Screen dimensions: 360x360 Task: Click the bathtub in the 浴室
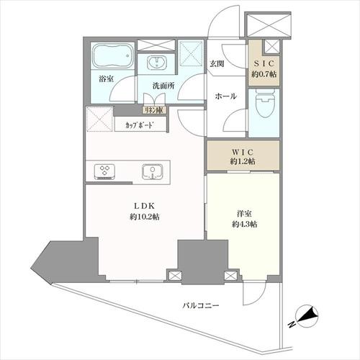click(x=112, y=55)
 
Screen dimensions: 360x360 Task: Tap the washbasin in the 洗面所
click(x=156, y=63)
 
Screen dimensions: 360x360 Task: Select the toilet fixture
click(x=264, y=104)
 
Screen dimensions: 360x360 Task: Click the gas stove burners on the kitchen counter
click(x=105, y=172)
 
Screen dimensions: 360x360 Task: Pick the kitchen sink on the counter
click(x=152, y=171)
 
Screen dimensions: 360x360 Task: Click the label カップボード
click(x=139, y=125)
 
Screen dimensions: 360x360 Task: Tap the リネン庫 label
click(x=154, y=110)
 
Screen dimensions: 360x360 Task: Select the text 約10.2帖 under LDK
click(x=144, y=217)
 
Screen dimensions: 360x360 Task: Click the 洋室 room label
click(x=244, y=214)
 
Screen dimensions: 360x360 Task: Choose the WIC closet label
click(x=243, y=152)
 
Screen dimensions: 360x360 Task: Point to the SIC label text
click(x=264, y=63)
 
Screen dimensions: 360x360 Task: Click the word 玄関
click(x=217, y=63)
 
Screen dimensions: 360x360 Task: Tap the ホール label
click(x=225, y=96)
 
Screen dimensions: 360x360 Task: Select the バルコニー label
click(x=201, y=306)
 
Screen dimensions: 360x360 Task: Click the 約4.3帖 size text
click(x=245, y=225)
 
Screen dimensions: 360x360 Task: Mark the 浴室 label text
click(x=106, y=79)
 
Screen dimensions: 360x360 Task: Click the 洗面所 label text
click(x=163, y=86)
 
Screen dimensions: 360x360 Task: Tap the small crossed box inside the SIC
click(x=271, y=46)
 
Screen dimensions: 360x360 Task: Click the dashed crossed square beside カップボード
click(x=99, y=119)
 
